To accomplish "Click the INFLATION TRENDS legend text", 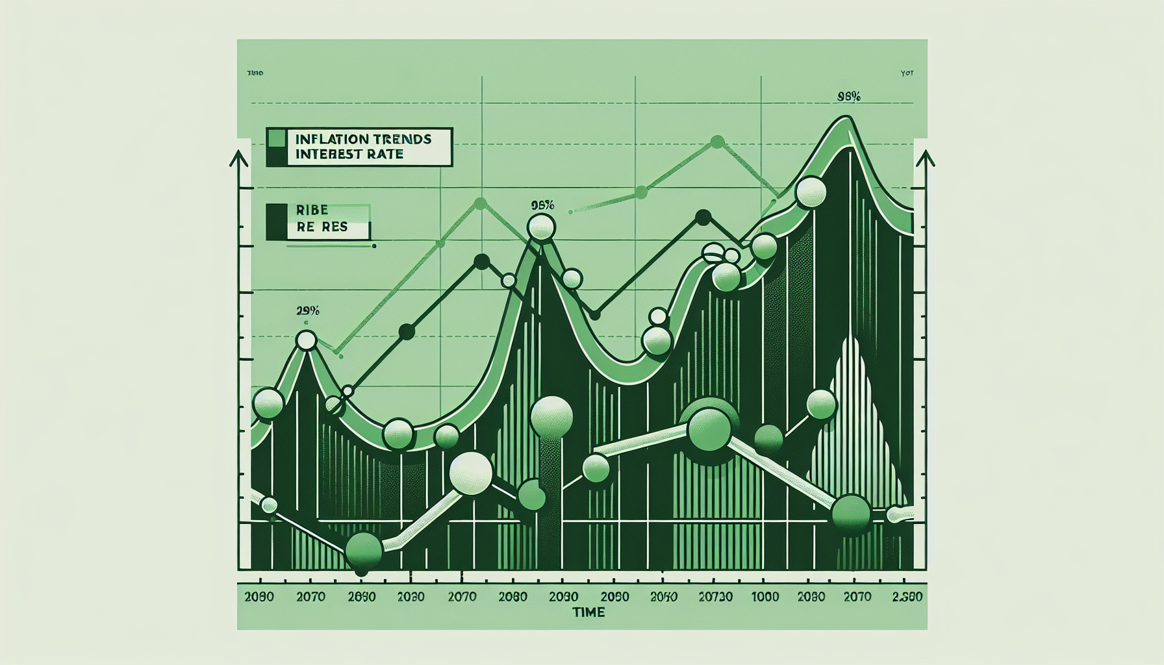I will coord(362,139).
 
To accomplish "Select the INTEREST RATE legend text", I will coord(349,155).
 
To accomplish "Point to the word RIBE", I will coord(312,210).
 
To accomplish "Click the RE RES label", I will coord(322,227).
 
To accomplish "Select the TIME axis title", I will coord(588,612).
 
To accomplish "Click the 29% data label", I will coord(307,311).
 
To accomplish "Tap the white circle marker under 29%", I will coord(306,340).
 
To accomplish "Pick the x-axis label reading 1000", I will coord(765,597).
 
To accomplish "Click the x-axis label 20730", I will coord(715,597).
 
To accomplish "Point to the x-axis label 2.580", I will coord(906,597).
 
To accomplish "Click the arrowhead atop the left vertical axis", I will coord(239,158).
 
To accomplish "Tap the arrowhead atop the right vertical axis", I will coord(925,158).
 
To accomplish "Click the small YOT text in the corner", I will coord(907,73).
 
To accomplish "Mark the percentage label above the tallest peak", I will coord(849,97).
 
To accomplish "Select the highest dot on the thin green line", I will coord(717,142).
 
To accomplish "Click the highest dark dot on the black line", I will coord(703,218).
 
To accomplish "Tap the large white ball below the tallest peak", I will coord(810,192).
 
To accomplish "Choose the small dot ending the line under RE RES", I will coord(374,246).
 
